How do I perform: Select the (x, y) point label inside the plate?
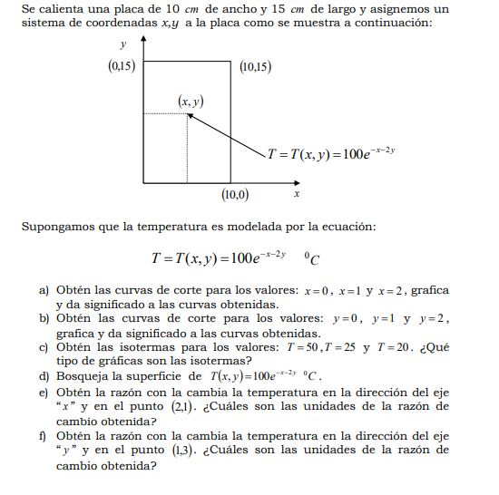190,102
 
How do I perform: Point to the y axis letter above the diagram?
122,43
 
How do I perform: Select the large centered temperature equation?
234,257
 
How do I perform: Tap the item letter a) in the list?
44,290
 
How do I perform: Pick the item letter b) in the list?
44,319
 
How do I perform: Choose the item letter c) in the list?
44,347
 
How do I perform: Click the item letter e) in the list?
44,393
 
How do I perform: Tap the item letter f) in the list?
43,435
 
